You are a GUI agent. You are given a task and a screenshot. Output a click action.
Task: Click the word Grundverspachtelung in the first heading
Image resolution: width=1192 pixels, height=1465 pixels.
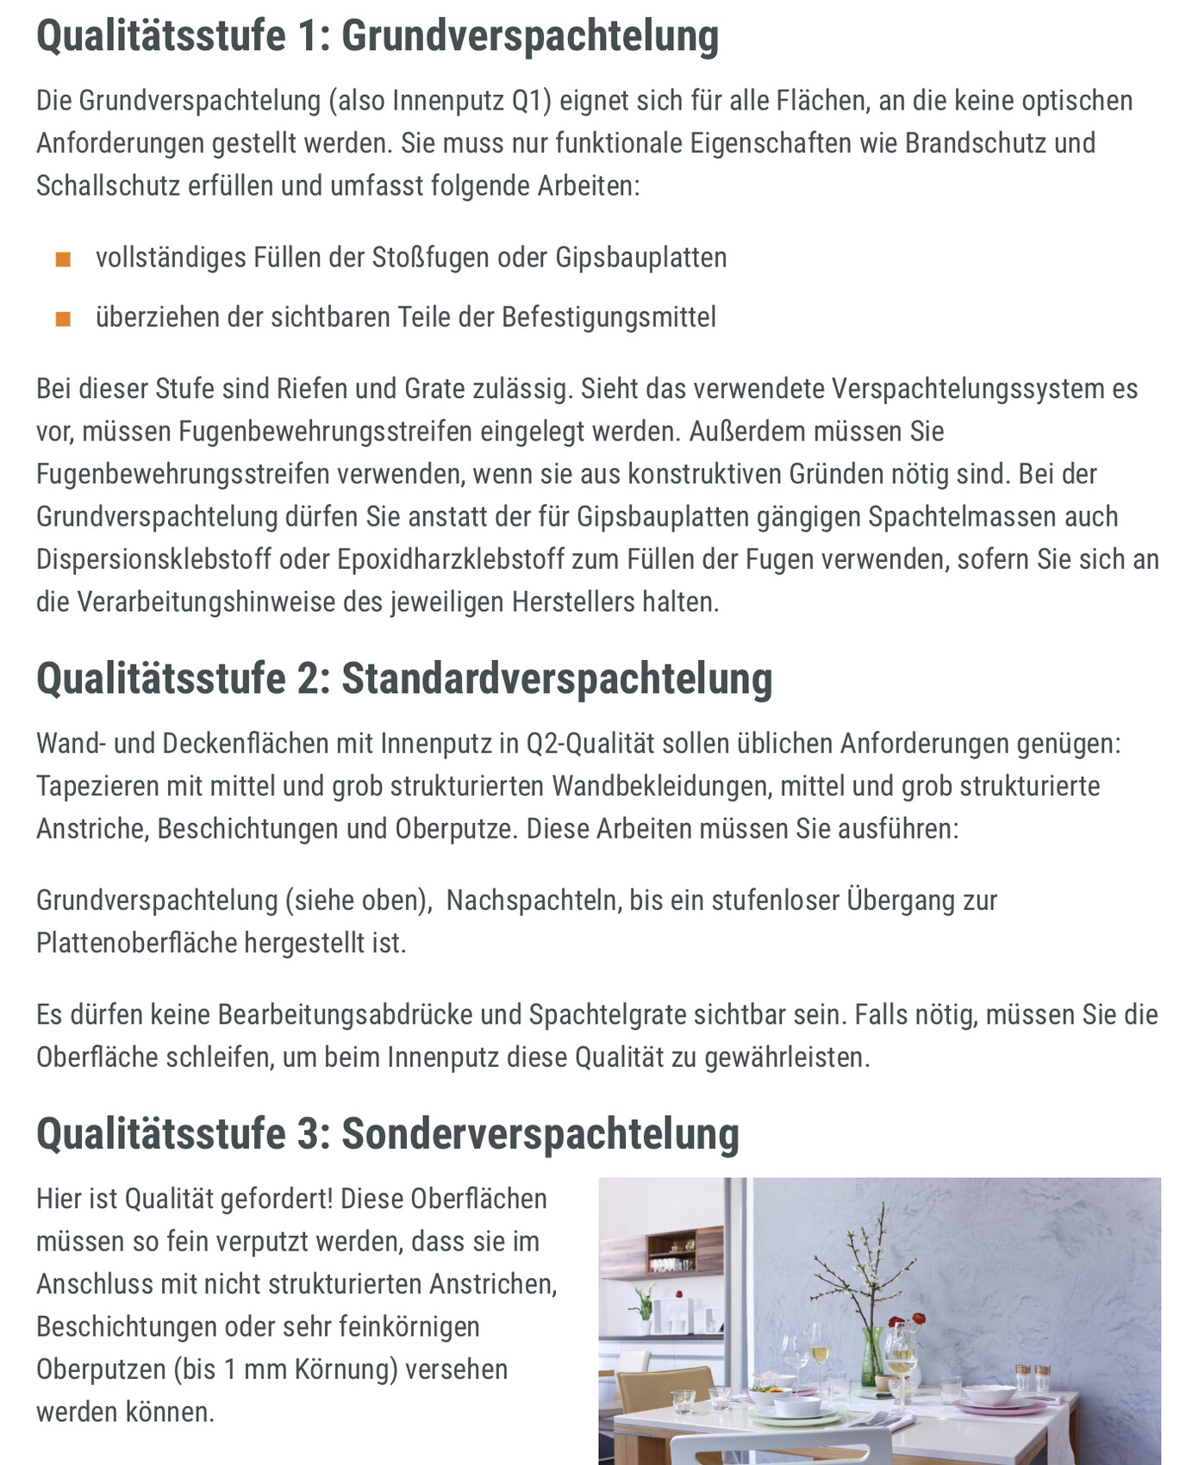coord(529,36)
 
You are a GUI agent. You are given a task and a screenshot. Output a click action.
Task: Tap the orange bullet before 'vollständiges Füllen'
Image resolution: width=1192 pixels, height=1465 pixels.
coord(63,259)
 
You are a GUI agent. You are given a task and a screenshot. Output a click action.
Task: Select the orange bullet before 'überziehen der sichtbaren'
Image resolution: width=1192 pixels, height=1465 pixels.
coord(63,319)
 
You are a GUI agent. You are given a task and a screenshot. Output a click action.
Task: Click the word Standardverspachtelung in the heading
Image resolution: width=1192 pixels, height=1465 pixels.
coord(557,679)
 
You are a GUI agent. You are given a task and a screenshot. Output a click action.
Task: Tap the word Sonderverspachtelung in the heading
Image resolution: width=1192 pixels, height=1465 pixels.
coord(540,1134)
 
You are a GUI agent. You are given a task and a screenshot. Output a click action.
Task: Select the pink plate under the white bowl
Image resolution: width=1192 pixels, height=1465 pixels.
coord(988,1406)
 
